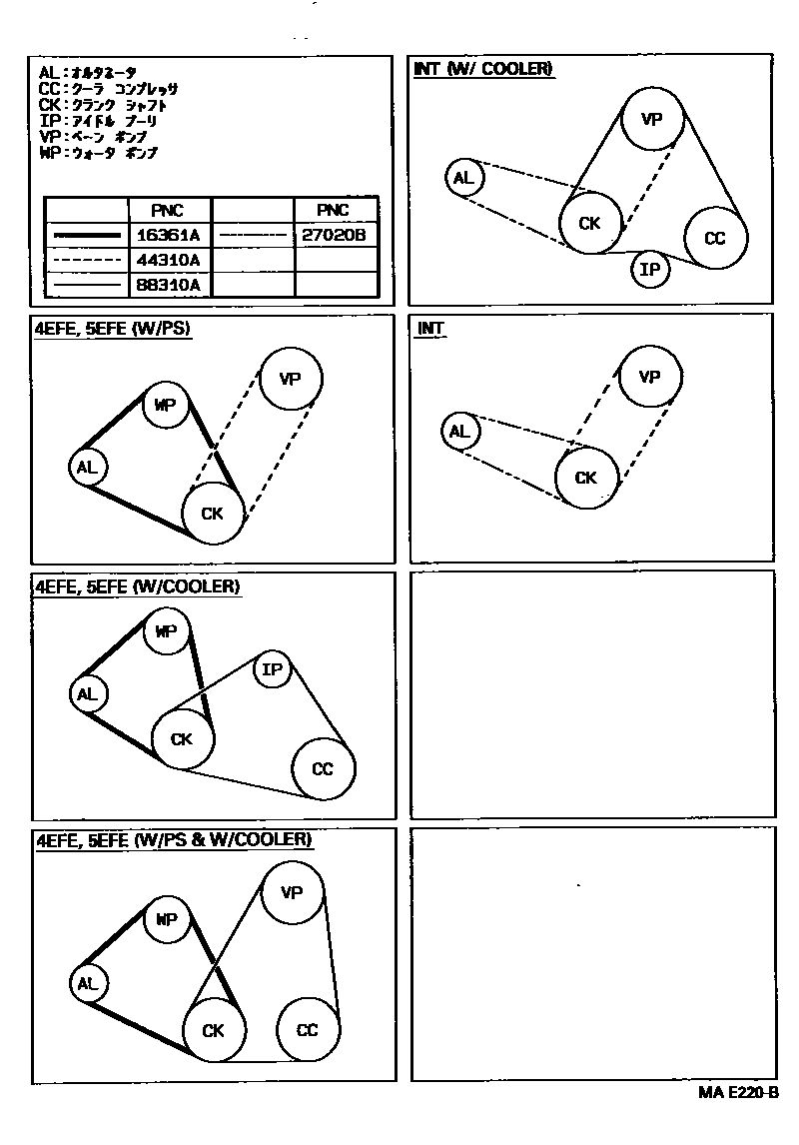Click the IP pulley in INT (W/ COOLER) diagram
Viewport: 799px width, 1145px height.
(650, 269)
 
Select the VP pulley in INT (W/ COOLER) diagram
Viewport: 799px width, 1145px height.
(651, 120)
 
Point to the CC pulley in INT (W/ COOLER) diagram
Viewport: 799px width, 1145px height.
(714, 238)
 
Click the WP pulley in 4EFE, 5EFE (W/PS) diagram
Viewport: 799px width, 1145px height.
(166, 406)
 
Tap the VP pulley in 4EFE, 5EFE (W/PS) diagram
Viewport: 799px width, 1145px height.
(291, 379)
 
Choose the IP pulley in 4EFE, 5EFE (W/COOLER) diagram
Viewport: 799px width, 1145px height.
(272, 669)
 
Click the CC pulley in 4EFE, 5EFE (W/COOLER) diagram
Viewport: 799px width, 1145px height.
(323, 768)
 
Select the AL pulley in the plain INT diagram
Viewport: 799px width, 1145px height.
(459, 432)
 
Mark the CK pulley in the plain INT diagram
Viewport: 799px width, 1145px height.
(586, 478)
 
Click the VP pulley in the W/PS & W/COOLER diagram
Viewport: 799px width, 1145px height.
(292, 892)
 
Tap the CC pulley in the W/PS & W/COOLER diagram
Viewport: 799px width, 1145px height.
(308, 1030)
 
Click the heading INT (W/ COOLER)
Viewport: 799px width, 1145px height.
(483, 68)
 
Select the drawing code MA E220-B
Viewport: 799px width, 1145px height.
(738, 1093)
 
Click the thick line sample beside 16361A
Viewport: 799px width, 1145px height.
(87, 236)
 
